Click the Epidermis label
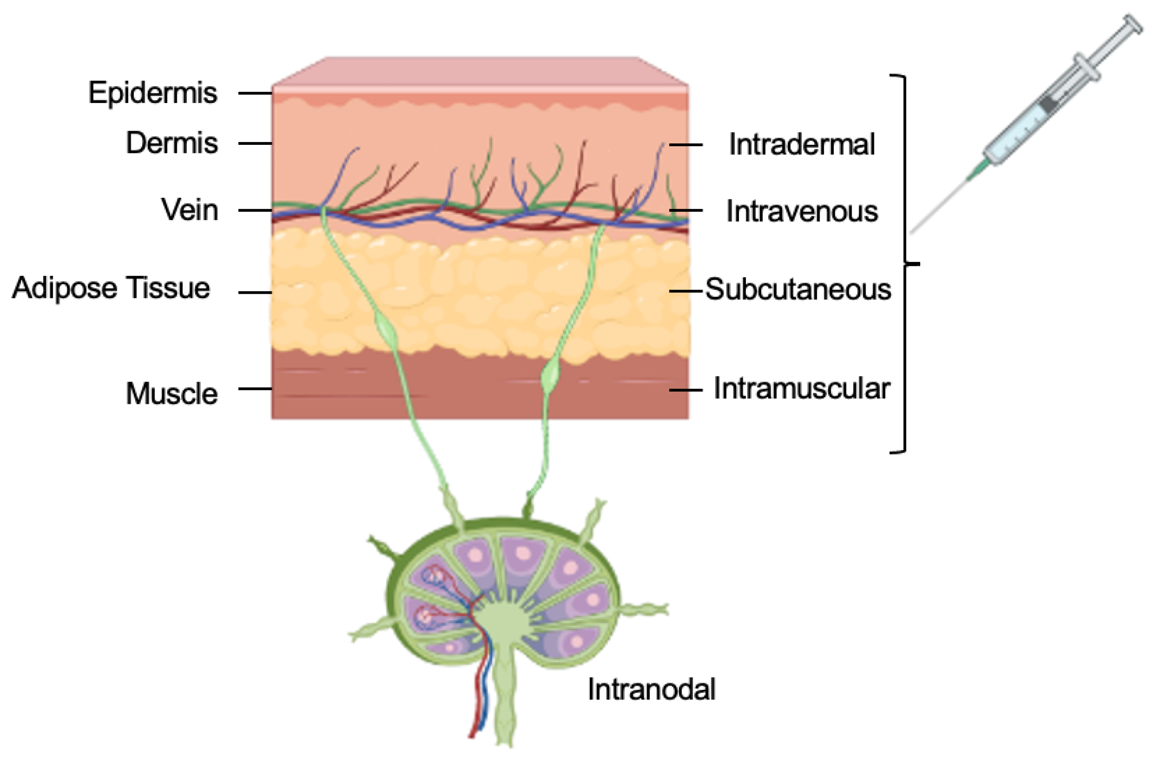click(x=153, y=93)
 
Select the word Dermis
click(x=172, y=143)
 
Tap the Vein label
click(x=190, y=209)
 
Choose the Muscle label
click(x=171, y=393)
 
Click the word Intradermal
click(x=801, y=144)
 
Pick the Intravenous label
click(x=802, y=211)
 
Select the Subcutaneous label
click(x=798, y=289)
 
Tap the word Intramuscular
click(x=801, y=389)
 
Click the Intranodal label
click(x=651, y=689)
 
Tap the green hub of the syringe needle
click(x=977, y=171)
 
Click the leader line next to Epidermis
click(x=255, y=93)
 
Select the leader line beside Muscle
click(x=255, y=389)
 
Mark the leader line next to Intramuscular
click(x=686, y=390)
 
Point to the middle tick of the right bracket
click(x=913, y=264)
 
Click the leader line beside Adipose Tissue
click(x=255, y=293)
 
